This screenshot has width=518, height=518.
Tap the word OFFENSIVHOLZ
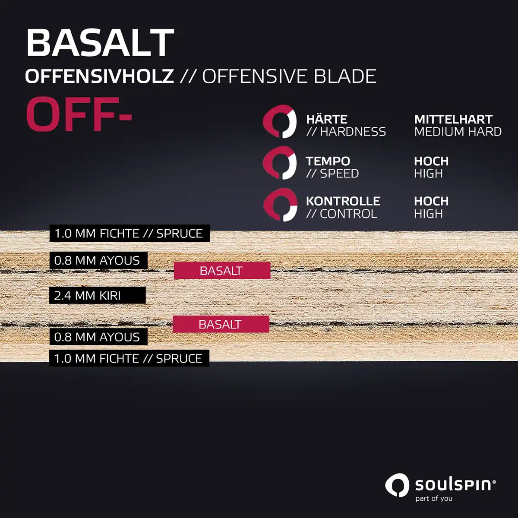[x=99, y=76]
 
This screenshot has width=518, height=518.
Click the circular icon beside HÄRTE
[x=280, y=121]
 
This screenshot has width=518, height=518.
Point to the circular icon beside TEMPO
[x=280, y=163]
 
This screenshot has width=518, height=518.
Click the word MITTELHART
[x=454, y=119]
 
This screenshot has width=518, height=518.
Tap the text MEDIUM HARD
[x=458, y=132]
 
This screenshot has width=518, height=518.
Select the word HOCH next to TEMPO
[x=431, y=161]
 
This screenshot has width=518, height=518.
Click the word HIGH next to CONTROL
[x=429, y=214]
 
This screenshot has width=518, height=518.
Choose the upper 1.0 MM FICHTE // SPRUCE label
[x=130, y=234]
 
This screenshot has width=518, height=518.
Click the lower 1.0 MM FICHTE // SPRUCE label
[x=129, y=358]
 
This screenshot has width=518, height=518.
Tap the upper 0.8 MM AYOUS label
[x=98, y=260]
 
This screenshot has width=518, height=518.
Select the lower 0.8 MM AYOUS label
[x=98, y=337]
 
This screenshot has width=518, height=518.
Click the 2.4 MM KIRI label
[x=98, y=295]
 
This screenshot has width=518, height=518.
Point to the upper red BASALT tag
[x=222, y=271]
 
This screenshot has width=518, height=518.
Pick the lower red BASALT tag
[x=221, y=324]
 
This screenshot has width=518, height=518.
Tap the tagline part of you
[x=434, y=498]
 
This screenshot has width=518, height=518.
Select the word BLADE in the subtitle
[x=345, y=76]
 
